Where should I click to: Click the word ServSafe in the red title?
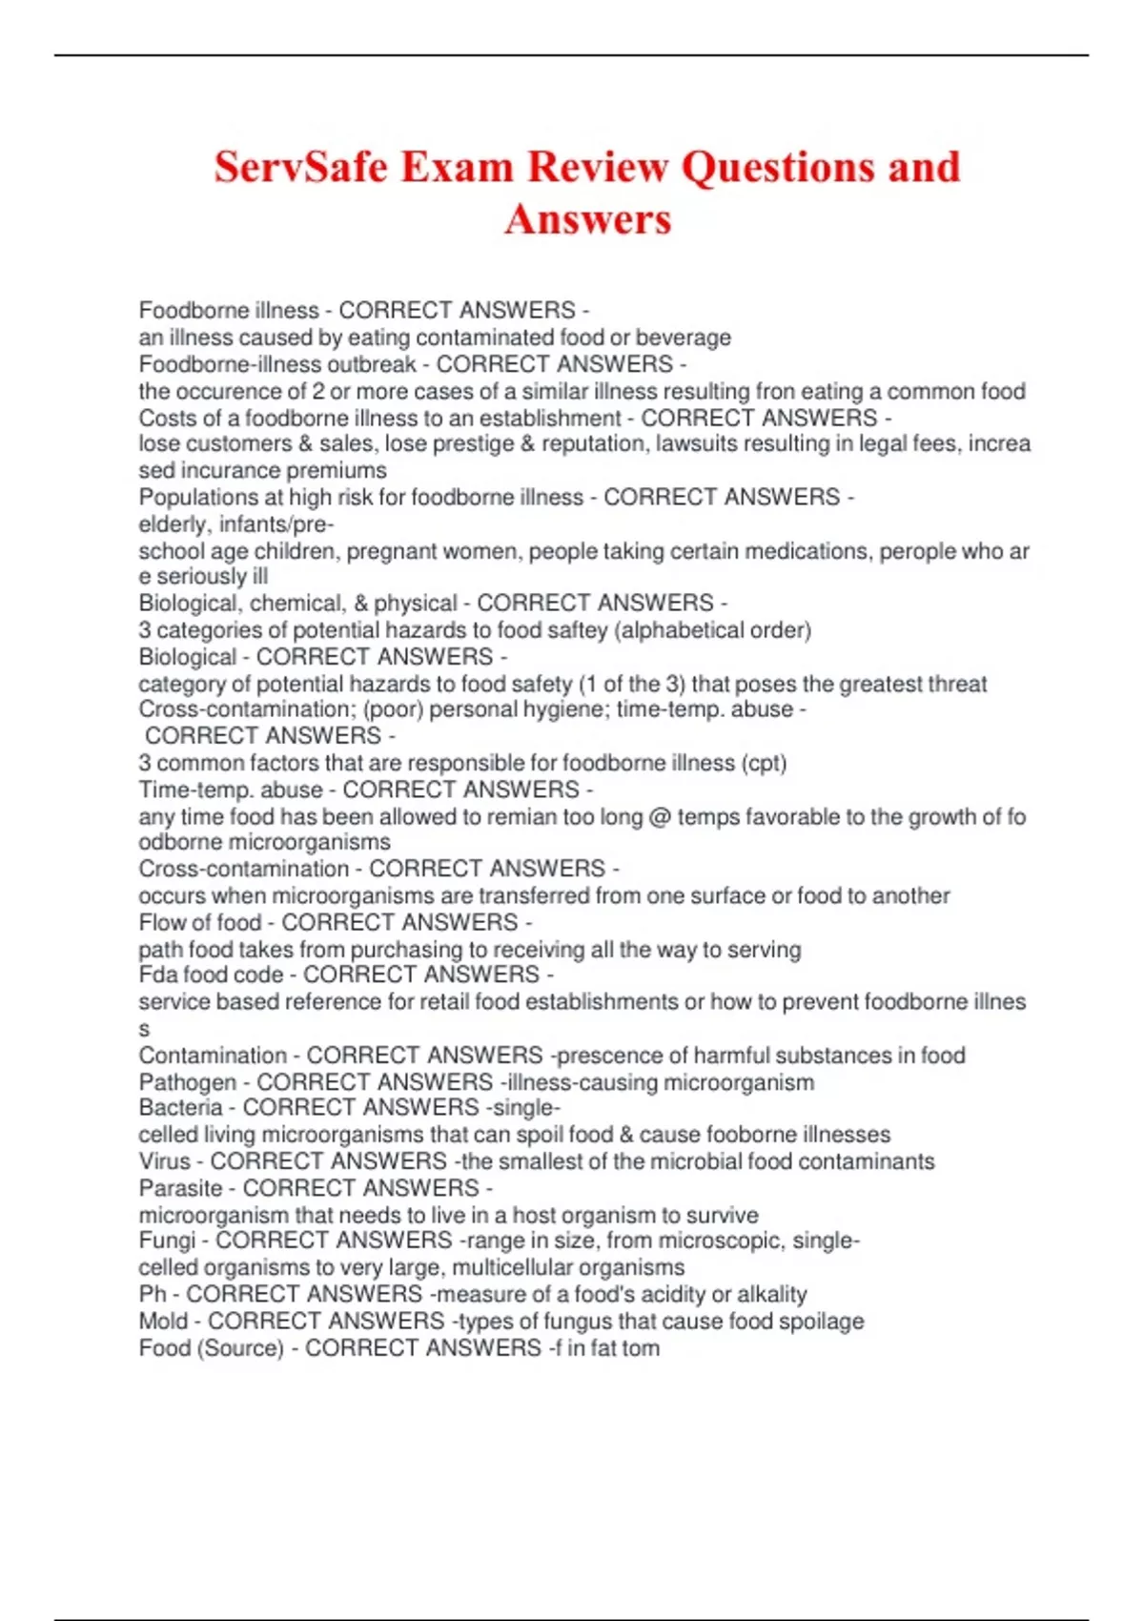(299, 167)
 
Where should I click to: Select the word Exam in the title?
(457, 167)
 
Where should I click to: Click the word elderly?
(173, 524)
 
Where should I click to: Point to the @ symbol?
(660, 817)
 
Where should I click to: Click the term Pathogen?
(187, 1082)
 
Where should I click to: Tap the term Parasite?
(180, 1188)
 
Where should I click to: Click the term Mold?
(163, 1322)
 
